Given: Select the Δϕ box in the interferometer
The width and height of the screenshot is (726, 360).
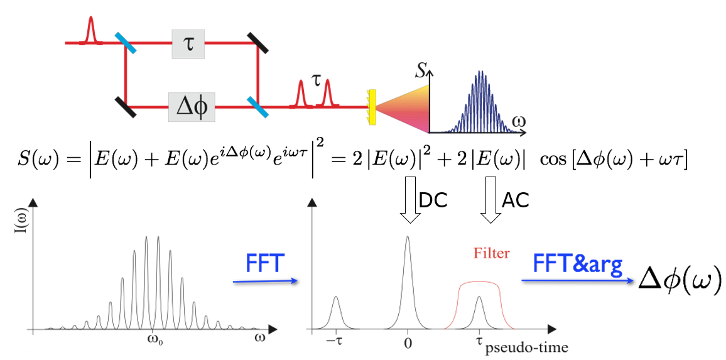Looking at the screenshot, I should [x=192, y=106].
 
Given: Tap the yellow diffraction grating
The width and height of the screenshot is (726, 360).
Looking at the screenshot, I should [x=372, y=106].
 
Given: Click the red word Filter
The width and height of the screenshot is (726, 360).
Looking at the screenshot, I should [x=490, y=253].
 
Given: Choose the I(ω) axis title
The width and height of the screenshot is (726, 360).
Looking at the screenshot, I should [x=19, y=241].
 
